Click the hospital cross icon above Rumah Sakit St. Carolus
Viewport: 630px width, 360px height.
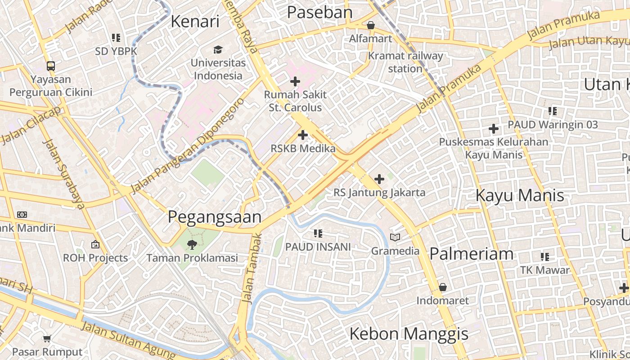click(x=295, y=81)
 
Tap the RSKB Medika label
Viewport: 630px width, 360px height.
click(x=303, y=148)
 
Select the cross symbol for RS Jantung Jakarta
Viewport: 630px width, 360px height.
click(x=379, y=179)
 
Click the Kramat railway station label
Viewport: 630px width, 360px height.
click(x=405, y=63)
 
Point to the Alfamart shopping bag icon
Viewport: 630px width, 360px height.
click(x=371, y=26)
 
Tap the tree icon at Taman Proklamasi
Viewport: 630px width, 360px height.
click(x=192, y=245)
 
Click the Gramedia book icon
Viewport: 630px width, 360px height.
click(x=395, y=237)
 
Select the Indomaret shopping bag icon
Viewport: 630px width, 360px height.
click(x=443, y=287)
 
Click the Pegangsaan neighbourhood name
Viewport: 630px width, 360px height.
click(x=215, y=217)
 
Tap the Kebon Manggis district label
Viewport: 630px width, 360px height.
click(x=409, y=334)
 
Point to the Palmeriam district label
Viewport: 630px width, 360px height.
click(x=471, y=254)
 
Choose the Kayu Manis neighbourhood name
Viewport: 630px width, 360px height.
click(x=520, y=196)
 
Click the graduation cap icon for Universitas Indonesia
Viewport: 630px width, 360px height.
click(x=218, y=49)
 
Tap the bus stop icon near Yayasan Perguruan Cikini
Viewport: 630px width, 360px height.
click(x=51, y=66)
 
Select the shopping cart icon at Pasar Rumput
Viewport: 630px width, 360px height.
click(x=47, y=338)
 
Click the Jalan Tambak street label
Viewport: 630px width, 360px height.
click(x=251, y=268)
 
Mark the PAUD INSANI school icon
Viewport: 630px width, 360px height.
click(x=318, y=234)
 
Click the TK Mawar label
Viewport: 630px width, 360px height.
click(x=545, y=270)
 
